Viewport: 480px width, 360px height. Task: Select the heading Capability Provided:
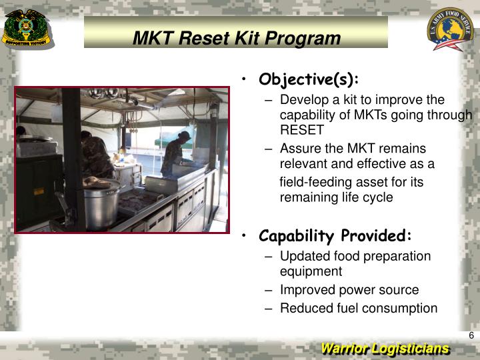pos(335,236)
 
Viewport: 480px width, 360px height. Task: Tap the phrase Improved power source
pos(349,290)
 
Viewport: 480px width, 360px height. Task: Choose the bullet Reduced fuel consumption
pos(359,308)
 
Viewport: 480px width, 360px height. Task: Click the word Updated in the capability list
pos(302,256)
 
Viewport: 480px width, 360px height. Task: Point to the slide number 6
pos(471,335)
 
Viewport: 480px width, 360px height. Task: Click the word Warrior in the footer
pos(345,349)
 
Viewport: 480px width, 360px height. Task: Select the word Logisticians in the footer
pos(411,349)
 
